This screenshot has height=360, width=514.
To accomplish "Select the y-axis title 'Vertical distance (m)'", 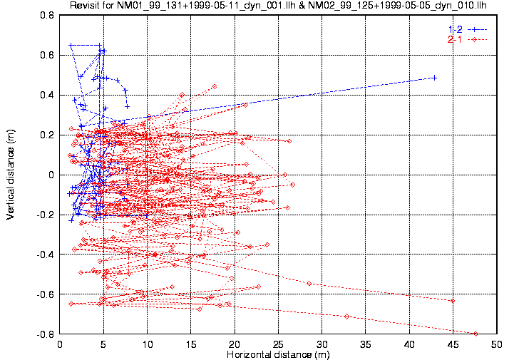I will click(11, 175).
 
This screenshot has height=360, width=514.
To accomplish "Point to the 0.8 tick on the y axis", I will click(48, 15).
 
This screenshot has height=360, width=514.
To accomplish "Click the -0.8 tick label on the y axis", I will click(47, 334).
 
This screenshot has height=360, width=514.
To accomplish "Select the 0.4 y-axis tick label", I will click(48, 95).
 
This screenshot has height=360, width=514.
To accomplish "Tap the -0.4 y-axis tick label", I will click(47, 254).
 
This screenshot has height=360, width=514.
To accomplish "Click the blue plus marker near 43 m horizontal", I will click(434, 78).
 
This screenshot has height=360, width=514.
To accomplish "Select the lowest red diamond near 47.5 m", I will click(476, 334).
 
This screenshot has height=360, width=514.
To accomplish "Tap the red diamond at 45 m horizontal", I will click(453, 301).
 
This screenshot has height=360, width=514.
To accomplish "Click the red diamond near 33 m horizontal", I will click(347, 316).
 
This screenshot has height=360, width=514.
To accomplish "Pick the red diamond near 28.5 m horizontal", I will click(309, 283).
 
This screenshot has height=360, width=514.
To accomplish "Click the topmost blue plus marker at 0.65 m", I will click(71, 46).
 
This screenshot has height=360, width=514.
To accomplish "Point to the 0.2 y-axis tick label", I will click(48, 135).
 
